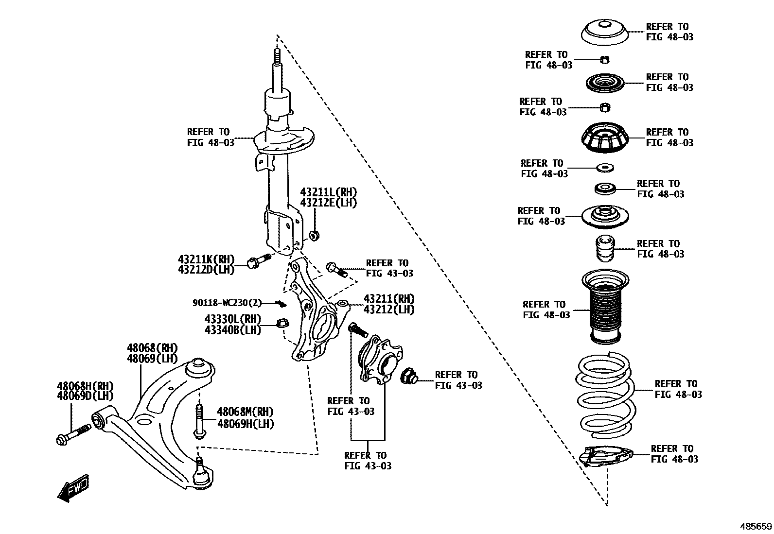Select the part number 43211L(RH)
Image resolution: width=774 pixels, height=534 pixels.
(x=328, y=192)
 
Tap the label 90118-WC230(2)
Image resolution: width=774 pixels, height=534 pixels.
(x=227, y=303)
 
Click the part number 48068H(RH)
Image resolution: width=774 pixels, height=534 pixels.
(x=85, y=386)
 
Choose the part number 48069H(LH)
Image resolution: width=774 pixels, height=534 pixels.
(x=246, y=424)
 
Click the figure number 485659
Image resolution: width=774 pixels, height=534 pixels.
(x=756, y=526)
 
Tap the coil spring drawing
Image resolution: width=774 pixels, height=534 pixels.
(x=605, y=395)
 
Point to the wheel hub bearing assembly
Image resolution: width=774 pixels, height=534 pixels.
(x=380, y=360)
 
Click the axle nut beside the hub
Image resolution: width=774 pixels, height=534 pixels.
(x=407, y=376)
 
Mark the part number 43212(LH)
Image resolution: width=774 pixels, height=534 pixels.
(x=389, y=310)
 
